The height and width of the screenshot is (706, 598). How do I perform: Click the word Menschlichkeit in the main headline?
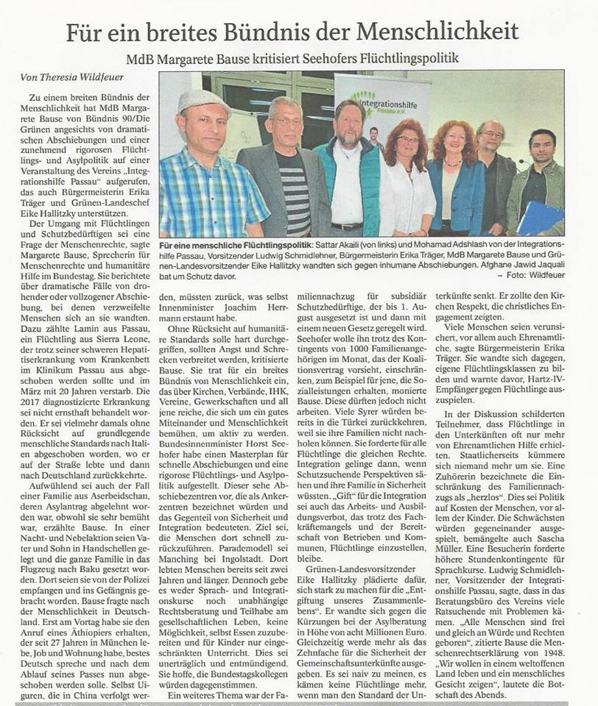click(439, 32)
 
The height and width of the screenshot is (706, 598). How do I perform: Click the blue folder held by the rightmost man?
click(541, 218)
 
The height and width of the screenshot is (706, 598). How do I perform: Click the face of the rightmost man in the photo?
click(542, 145)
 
